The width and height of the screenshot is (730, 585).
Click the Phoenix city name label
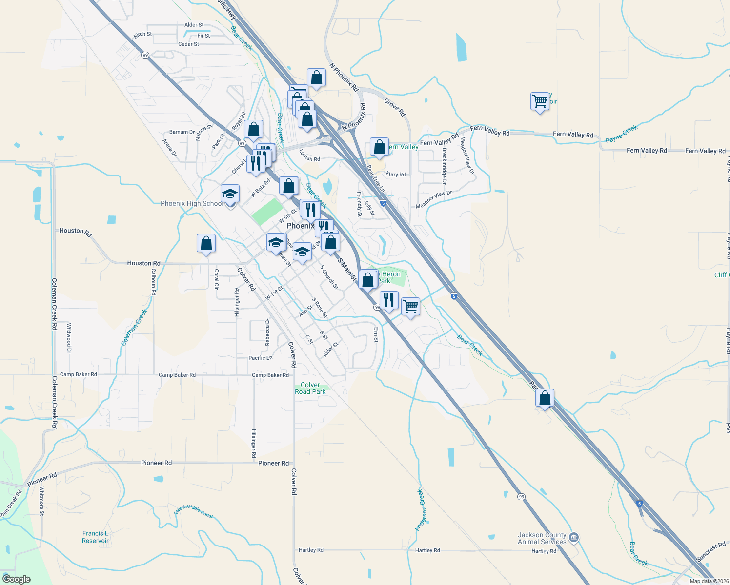[300, 226]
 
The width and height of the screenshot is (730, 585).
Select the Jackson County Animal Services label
[542, 538]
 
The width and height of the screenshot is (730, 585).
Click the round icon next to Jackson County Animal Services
[574, 538]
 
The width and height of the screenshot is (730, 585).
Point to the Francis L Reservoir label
[95, 537]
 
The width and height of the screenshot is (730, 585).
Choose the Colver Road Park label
[310, 388]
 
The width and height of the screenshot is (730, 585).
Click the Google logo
[17, 579]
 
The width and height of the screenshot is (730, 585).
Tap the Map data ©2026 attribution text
[709, 581]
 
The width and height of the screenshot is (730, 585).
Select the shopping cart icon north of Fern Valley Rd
[540, 101]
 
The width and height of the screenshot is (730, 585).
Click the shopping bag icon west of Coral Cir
[206, 243]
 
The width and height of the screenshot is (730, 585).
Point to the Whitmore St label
[42, 501]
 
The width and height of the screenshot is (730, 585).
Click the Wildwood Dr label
[69, 337]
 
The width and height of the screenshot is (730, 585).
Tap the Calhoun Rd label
[153, 282]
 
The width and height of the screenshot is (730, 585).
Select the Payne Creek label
[621, 134]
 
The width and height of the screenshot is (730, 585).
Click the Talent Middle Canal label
[194, 510]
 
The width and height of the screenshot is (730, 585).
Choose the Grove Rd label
[395, 107]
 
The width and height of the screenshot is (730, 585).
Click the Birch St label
[142, 35]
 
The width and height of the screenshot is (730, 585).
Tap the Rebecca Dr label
[267, 332]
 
